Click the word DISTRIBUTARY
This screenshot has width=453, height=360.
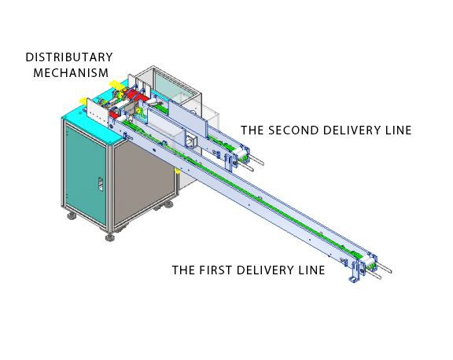(69, 57)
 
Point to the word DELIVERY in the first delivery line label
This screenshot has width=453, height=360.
(267, 270)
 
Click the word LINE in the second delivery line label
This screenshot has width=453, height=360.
(396, 130)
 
